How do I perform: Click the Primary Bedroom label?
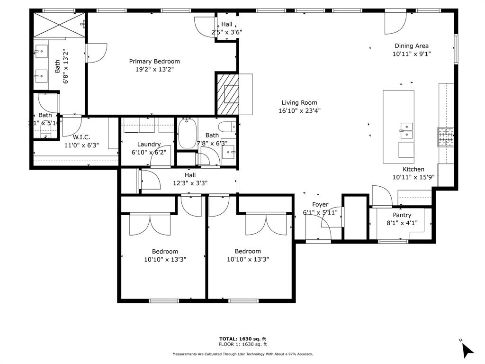pyautogui.click(x=154, y=61)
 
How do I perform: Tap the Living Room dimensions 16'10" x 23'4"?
pyautogui.click(x=299, y=111)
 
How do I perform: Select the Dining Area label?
pyautogui.click(x=412, y=46)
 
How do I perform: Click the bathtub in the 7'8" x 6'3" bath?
pyautogui.click(x=186, y=134)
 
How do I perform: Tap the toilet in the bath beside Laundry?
pyautogui.click(x=227, y=127)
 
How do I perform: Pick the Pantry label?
pyautogui.click(x=402, y=215)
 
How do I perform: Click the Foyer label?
pyautogui.click(x=320, y=204)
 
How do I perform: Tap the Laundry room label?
pyautogui.click(x=149, y=144)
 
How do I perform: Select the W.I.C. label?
pyautogui.click(x=81, y=137)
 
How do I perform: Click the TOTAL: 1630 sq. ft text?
pyautogui.click(x=242, y=338)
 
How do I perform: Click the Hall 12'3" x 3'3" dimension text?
pyautogui.click(x=190, y=183)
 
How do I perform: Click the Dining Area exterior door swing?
pyautogui.click(x=395, y=23)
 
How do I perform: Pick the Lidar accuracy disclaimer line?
pyautogui.click(x=242, y=354)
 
